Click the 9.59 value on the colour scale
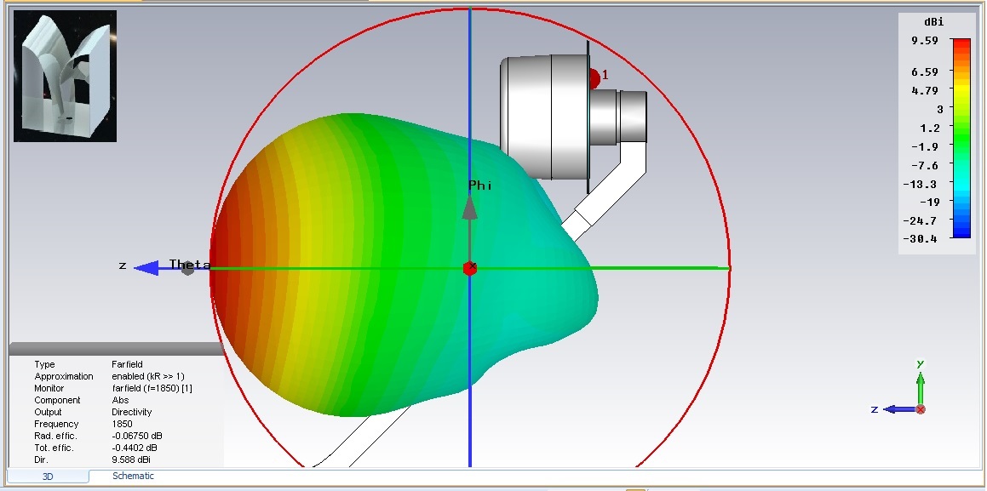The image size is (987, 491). point(924,40)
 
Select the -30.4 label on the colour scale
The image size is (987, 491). point(920,239)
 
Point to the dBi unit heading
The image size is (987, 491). point(933,22)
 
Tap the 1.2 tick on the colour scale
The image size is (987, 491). point(929,128)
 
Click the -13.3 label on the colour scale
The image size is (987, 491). point(920,184)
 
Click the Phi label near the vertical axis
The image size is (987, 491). point(480,186)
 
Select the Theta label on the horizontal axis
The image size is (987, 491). point(190,265)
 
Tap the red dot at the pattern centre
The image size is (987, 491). point(469,268)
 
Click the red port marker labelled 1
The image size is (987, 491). point(594,79)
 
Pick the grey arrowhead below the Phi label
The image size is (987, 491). point(469,208)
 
